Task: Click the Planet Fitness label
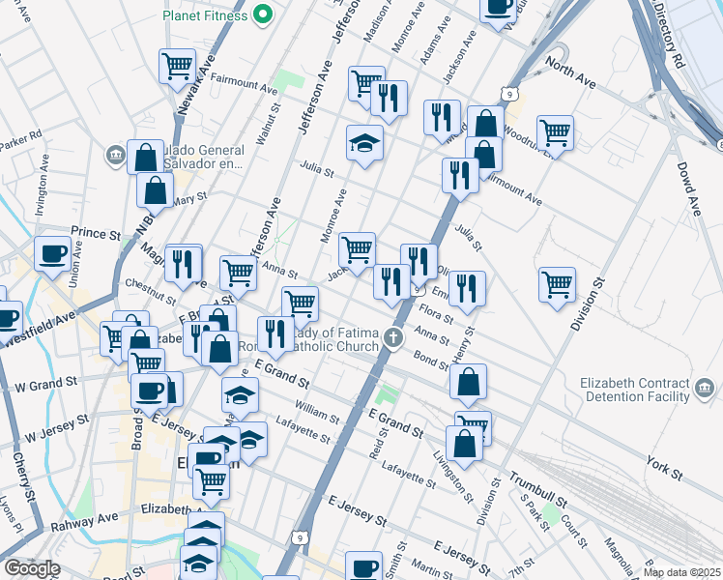pos(204,15)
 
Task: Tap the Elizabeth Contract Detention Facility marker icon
pos(706,391)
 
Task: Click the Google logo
pos(32,568)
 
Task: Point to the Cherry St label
pos(24,478)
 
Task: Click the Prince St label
pos(95,234)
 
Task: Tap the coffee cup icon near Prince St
pos(52,253)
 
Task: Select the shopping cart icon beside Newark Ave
pos(177,67)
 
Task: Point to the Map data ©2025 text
pos(682,572)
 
